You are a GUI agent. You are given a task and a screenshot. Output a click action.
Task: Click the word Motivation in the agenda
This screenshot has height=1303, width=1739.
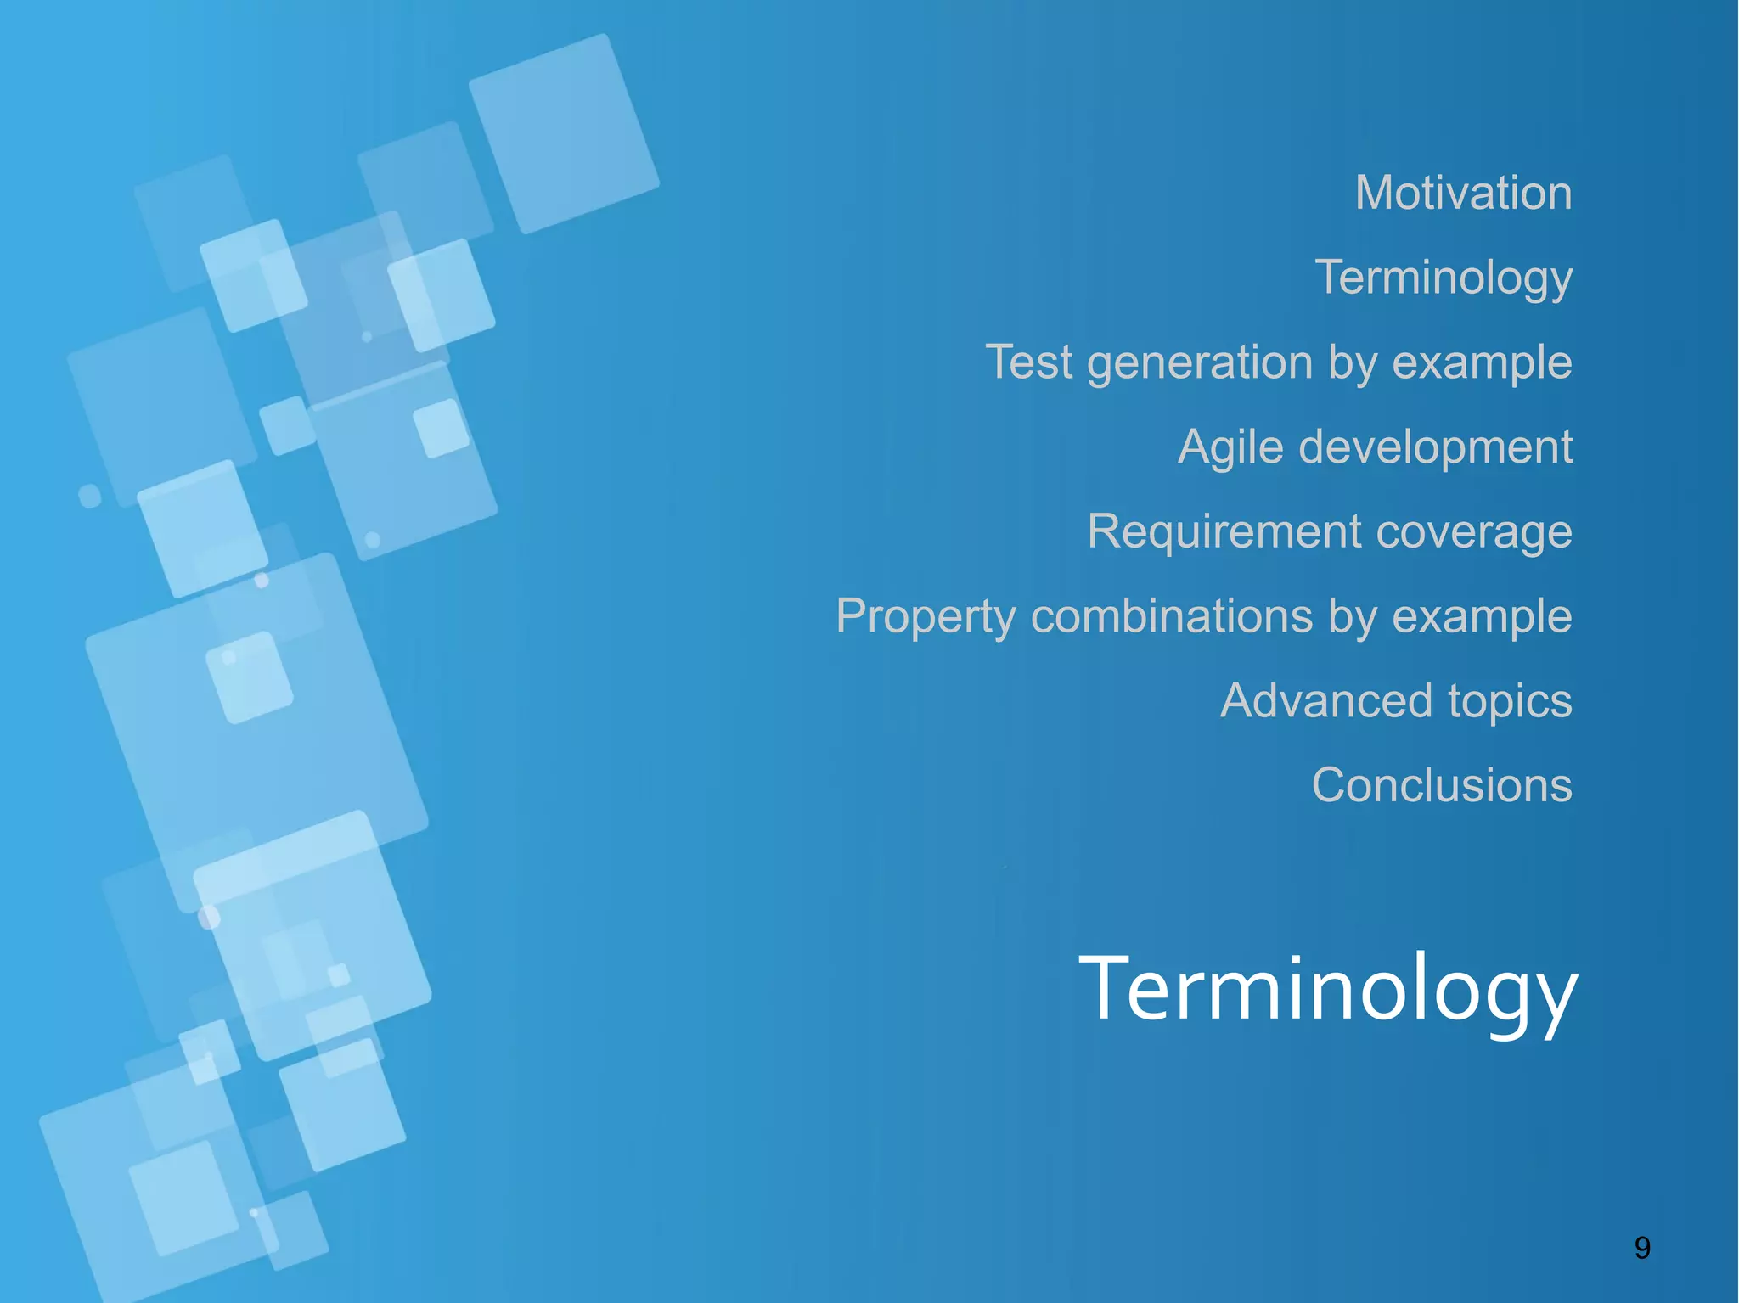tap(1463, 193)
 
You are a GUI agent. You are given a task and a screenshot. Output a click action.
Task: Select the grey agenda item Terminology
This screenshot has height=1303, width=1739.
tap(1444, 278)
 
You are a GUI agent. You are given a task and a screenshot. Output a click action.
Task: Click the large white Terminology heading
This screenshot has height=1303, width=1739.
tap(1327, 989)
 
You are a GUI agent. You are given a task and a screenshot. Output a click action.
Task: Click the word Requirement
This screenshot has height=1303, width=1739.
tap(1224, 532)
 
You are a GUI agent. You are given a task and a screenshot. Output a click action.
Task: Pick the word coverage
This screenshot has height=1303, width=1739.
tap(1474, 532)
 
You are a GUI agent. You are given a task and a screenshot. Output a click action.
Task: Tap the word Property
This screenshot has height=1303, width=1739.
tap(926, 616)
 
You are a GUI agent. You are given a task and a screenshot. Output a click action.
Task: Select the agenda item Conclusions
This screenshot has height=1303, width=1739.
tap(1442, 785)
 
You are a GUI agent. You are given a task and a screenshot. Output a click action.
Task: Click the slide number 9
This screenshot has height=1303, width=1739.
tap(1642, 1248)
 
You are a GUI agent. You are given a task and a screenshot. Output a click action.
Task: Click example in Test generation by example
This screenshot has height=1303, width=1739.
tap(1482, 363)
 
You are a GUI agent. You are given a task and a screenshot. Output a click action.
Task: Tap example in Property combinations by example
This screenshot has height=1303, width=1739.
tap(1482, 617)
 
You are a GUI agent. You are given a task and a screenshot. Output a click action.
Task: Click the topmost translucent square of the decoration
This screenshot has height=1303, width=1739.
tap(564, 134)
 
